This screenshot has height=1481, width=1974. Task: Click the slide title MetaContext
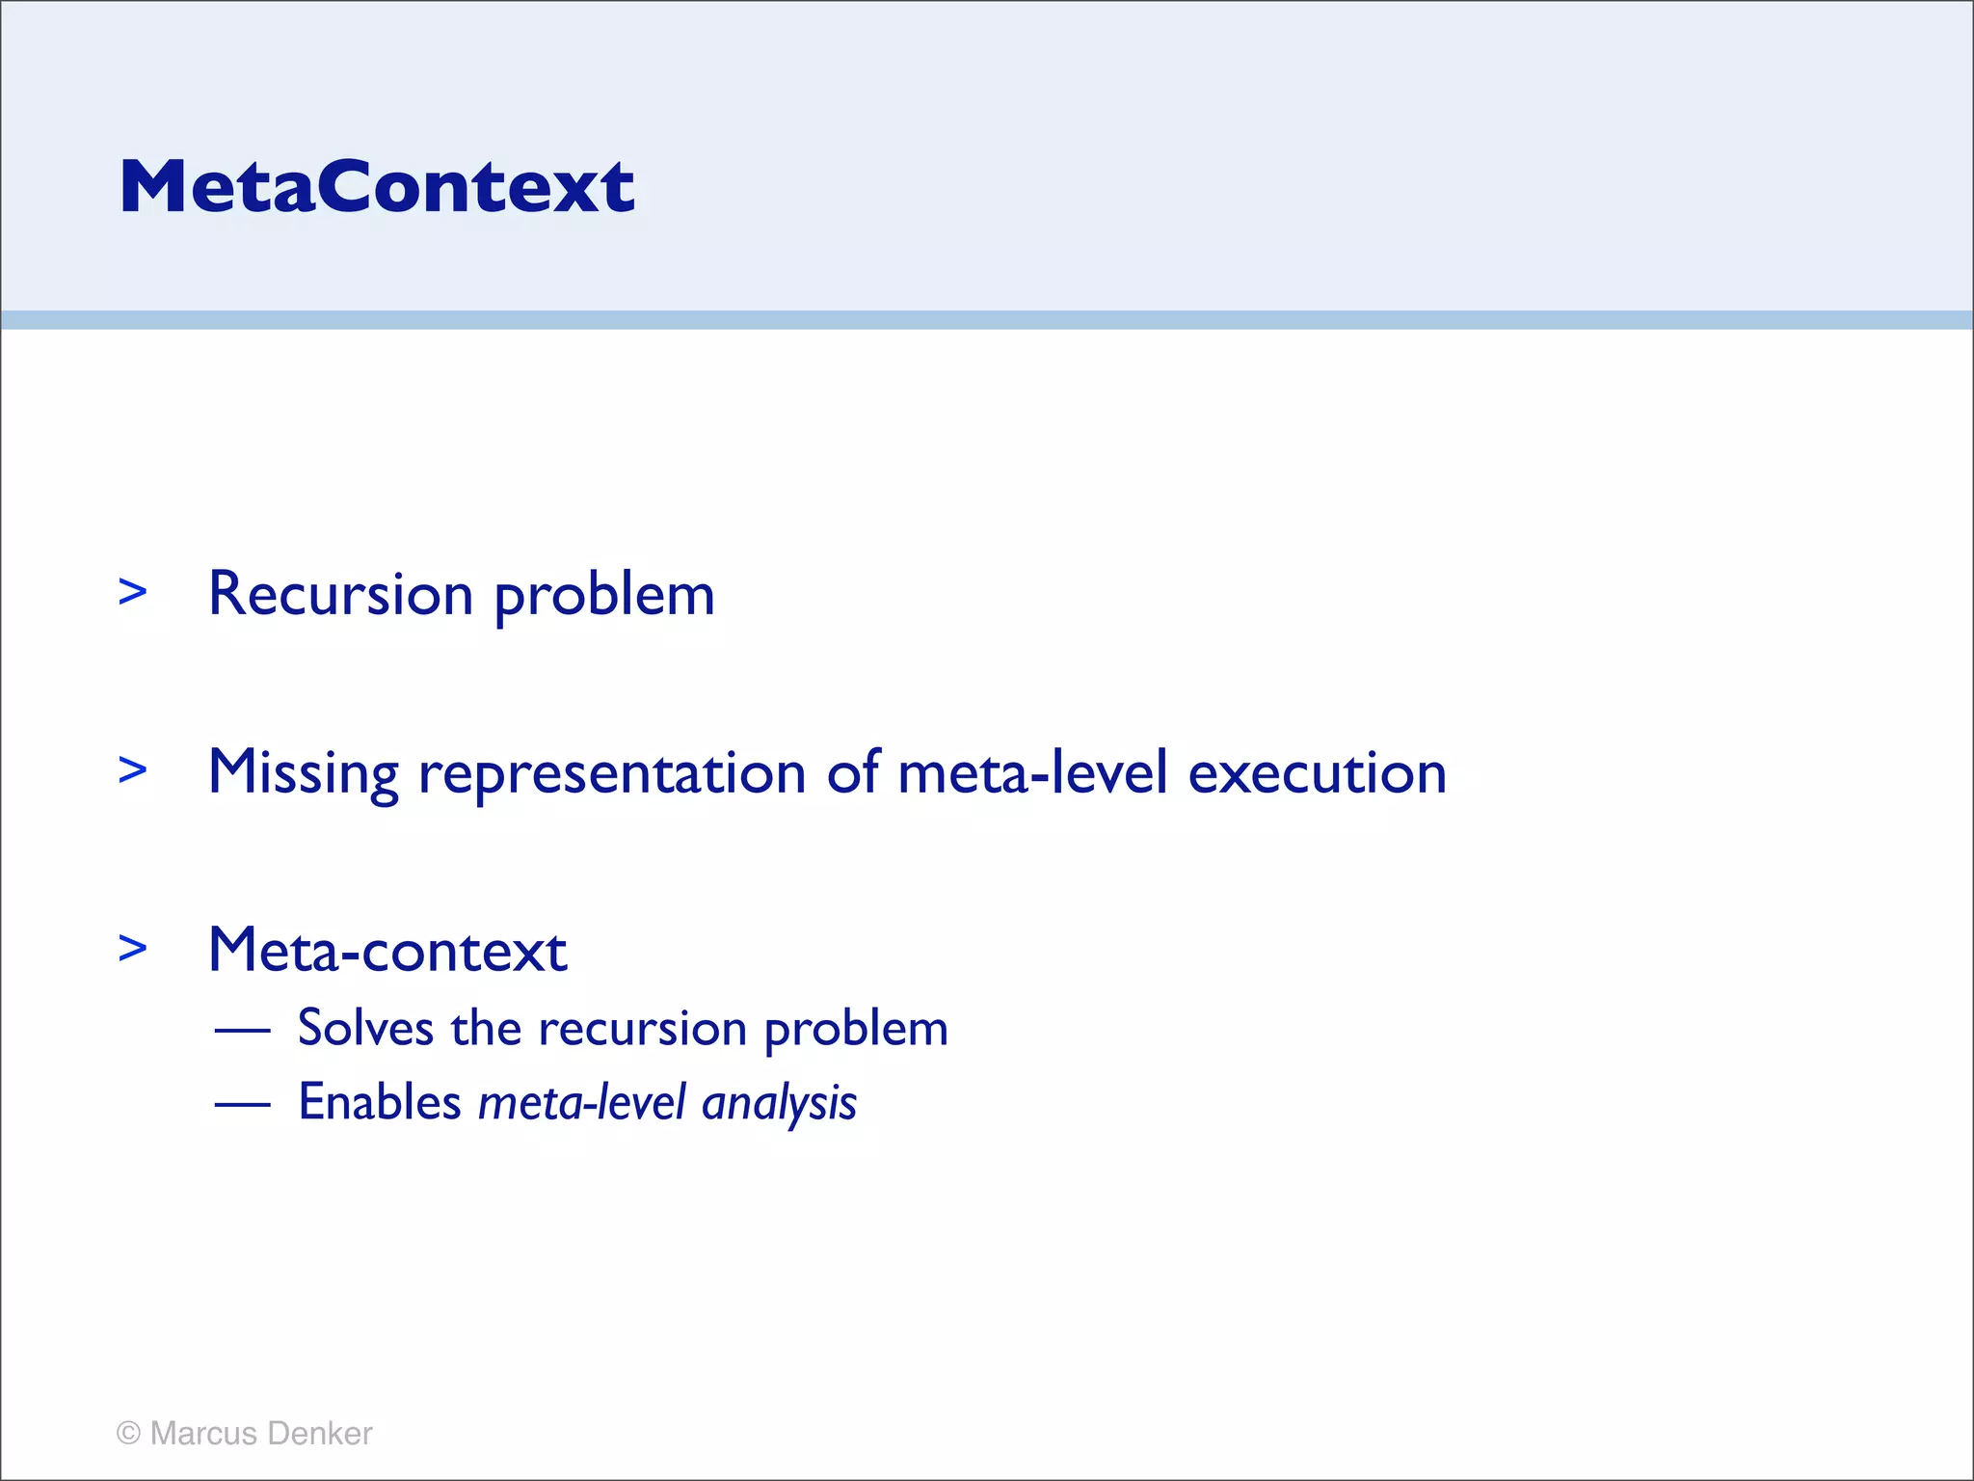point(377,186)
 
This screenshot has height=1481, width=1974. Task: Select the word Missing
point(304,773)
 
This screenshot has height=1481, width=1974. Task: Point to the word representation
point(612,773)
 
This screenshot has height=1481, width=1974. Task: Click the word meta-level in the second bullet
point(1032,773)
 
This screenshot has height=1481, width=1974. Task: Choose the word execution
point(1317,773)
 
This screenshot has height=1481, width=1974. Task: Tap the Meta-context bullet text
point(387,951)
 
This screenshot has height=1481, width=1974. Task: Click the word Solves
point(365,1028)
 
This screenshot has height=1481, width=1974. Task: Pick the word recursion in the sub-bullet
point(642,1028)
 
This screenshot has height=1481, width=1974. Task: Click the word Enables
point(380,1102)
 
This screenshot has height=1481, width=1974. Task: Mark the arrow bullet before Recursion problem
point(133,592)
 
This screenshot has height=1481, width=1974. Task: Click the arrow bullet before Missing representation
point(133,770)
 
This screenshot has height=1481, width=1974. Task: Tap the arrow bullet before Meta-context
point(133,949)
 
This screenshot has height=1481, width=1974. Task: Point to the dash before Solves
point(242,1031)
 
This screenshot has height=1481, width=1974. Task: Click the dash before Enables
point(242,1105)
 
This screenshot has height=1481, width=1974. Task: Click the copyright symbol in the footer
point(128,1434)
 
